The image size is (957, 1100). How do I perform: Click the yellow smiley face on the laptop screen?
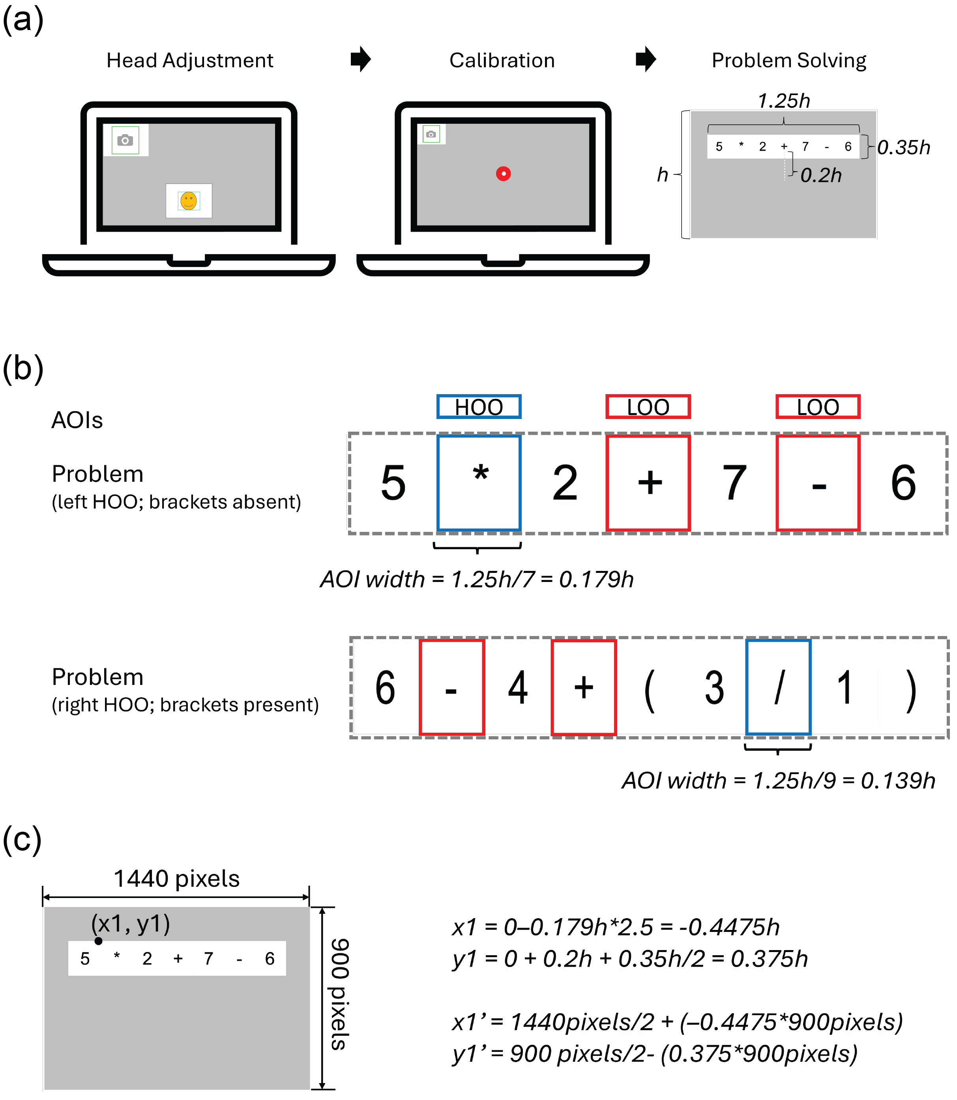coord(189,201)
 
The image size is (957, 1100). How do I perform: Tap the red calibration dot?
coord(503,174)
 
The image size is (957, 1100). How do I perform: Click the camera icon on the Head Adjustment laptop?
coord(125,140)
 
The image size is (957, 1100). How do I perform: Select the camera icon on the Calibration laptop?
coord(431,134)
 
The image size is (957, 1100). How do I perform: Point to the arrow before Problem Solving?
coord(646,59)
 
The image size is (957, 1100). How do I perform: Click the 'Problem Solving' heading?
coord(789,60)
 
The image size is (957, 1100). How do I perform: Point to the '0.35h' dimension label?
coord(904,148)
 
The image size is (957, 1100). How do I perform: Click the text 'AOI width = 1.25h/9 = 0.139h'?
coord(779,781)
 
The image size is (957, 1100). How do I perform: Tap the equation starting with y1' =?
coord(655,1053)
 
